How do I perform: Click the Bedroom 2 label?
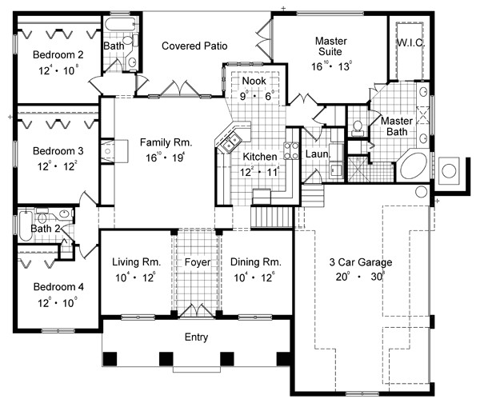(54, 54)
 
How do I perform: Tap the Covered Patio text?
(192, 46)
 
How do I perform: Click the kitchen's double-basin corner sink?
(230, 142)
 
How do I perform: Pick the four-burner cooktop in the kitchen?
(291, 150)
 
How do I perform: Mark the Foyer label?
(197, 261)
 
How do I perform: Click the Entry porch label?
(196, 337)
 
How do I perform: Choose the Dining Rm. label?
(255, 261)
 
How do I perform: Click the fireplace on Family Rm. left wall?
(107, 150)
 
